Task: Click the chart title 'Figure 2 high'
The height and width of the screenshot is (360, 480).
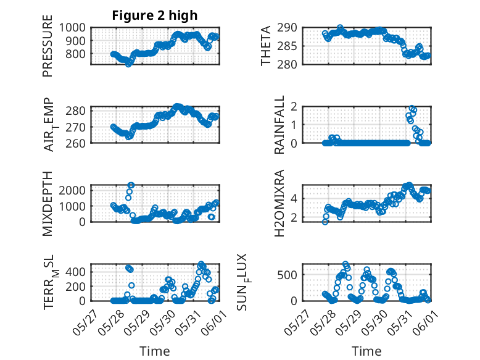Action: pos(155,15)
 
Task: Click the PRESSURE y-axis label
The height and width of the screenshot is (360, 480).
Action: pos(48,49)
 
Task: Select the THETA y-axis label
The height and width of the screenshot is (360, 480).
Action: pos(266,46)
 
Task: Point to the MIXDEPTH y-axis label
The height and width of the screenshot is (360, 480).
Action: pos(48,203)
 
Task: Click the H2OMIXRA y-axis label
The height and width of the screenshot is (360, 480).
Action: pos(279,203)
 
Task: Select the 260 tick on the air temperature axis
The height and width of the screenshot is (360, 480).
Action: pos(79,143)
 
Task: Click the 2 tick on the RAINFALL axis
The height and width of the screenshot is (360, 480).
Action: pos(301,106)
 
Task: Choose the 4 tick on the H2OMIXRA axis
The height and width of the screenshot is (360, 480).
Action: pos(301,198)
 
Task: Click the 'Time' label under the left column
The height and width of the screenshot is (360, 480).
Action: pos(155,351)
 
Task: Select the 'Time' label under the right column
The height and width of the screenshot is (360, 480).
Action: pos(366,351)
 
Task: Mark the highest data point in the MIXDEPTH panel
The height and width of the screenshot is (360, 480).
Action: pos(131,185)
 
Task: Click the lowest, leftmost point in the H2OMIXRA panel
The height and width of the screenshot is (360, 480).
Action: pos(325,222)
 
